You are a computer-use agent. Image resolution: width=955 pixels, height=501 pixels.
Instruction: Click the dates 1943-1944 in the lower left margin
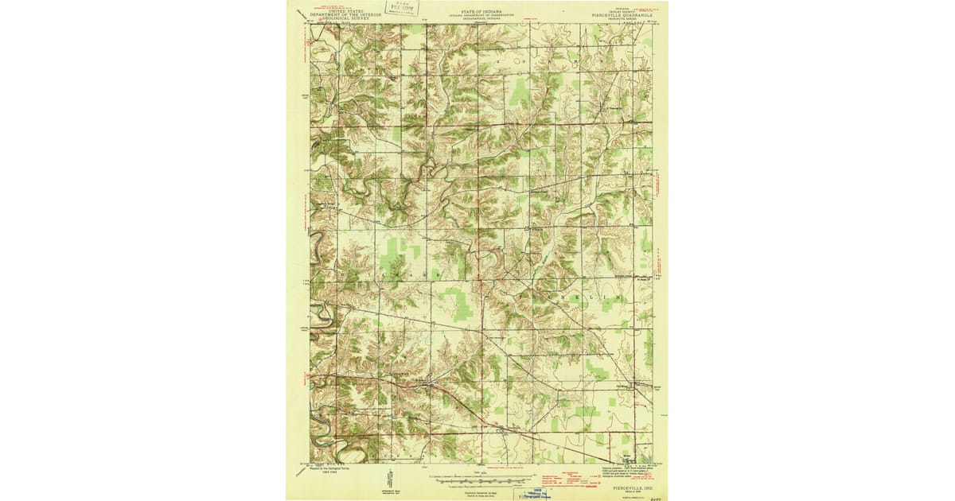pos(320,477)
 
